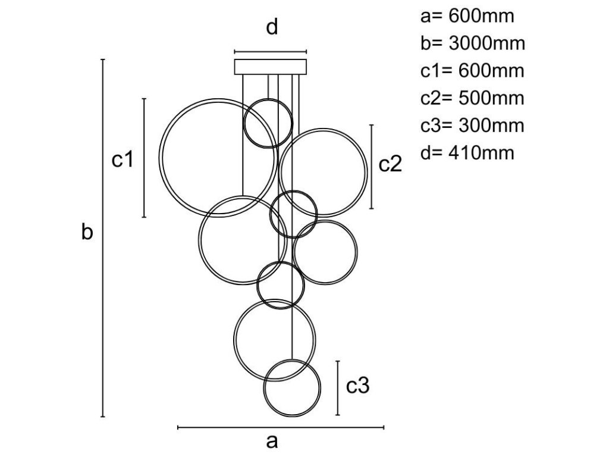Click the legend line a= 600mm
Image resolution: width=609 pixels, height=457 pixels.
pyautogui.click(x=467, y=15)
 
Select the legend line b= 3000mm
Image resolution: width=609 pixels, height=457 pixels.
pyautogui.click(x=472, y=43)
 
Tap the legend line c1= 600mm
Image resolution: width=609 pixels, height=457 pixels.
pyautogui.click(x=472, y=71)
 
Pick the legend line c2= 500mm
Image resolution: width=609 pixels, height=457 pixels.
pyautogui.click(x=472, y=98)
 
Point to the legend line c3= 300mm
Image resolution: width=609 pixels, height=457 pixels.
pyautogui.click(x=472, y=126)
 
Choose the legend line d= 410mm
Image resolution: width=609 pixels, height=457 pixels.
pyautogui.click(x=467, y=153)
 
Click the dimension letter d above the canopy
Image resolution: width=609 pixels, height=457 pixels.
pyautogui.click(x=272, y=28)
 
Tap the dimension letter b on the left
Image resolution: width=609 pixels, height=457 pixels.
pyautogui.click(x=87, y=233)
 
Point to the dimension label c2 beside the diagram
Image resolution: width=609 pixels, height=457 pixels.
pyautogui.click(x=391, y=164)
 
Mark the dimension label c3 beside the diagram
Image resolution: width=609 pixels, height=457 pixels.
pyautogui.click(x=358, y=387)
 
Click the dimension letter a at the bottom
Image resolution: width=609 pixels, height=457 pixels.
pyautogui.click(x=272, y=442)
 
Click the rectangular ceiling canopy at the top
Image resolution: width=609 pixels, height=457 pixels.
pyautogui.click(x=271, y=66)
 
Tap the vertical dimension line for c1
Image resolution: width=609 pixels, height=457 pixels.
pyautogui.click(x=145, y=158)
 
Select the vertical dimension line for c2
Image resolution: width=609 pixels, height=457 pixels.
pyautogui.click(x=372, y=167)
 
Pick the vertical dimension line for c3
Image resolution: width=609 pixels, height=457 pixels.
pyautogui.click(x=338, y=388)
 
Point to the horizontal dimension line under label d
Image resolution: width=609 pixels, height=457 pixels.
pyautogui.click(x=271, y=52)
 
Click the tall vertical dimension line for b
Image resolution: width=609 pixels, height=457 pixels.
pyautogui.click(x=103, y=238)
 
